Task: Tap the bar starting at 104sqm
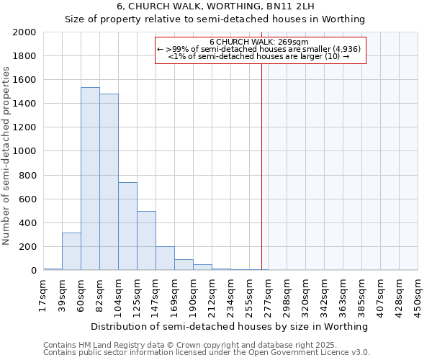click(127, 226)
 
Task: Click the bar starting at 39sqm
click(71, 251)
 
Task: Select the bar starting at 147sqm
click(165, 258)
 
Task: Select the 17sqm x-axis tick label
click(44, 294)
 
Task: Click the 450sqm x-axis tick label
click(418, 294)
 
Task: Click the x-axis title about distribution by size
click(230, 326)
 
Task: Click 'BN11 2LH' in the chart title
click(287, 6)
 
